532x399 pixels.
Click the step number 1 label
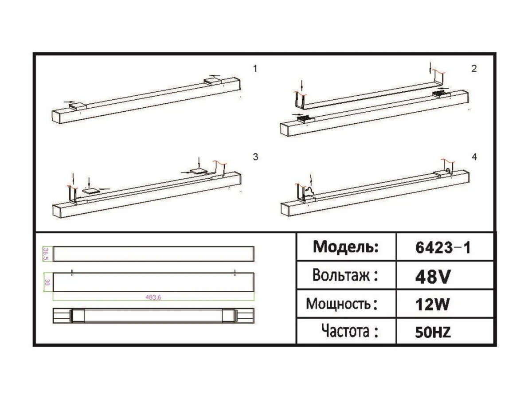[x=255, y=69]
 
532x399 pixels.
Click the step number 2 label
[x=474, y=69]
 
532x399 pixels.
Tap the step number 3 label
[x=255, y=157]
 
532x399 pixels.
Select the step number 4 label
[x=474, y=157]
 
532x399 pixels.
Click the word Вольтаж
[x=341, y=275]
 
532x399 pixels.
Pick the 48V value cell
[x=433, y=277]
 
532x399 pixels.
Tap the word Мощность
[x=338, y=304]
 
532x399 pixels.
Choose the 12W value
[x=432, y=305]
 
